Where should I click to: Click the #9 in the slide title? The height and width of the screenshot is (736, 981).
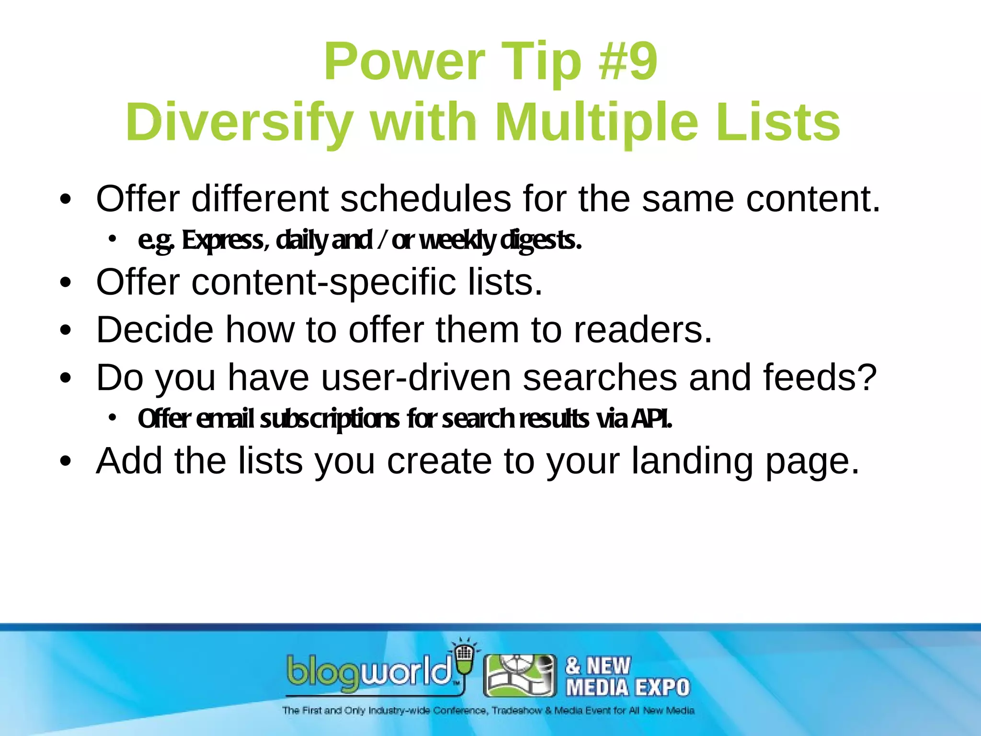coord(628,62)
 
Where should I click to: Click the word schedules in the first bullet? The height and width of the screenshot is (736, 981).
coord(425,199)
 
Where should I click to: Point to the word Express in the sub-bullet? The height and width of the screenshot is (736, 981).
coord(222,240)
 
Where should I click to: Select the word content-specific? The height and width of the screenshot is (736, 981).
coord(323,282)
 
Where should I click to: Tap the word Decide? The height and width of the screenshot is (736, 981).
coord(155,330)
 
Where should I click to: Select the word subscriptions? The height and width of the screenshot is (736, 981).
coord(330,419)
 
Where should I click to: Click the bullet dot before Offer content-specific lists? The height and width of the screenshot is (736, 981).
coord(66,283)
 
